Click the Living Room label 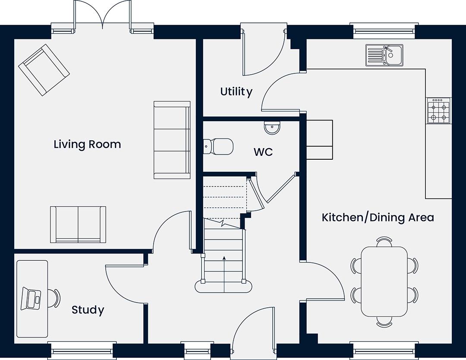pyautogui.click(x=87, y=145)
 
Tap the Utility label pyautogui.click(x=236, y=92)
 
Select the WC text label pyautogui.click(x=263, y=152)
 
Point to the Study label pyautogui.click(x=88, y=310)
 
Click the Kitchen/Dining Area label pyautogui.click(x=378, y=217)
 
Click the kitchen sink pyautogui.click(x=384, y=55)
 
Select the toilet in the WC pyautogui.click(x=218, y=146)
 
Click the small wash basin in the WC pyautogui.click(x=272, y=128)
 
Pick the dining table pyautogui.click(x=384, y=281)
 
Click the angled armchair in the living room pyautogui.click(x=44, y=70)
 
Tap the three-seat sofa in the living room pyautogui.click(x=172, y=140)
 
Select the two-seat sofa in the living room pyautogui.click(x=78, y=224)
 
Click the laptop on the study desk pyautogui.click(x=31, y=298)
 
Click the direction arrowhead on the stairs pyautogui.click(x=224, y=258)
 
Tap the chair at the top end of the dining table pyautogui.click(x=384, y=242)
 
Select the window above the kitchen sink pyautogui.click(x=384, y=31)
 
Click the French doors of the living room pyautogui.click(x=103, y=16)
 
